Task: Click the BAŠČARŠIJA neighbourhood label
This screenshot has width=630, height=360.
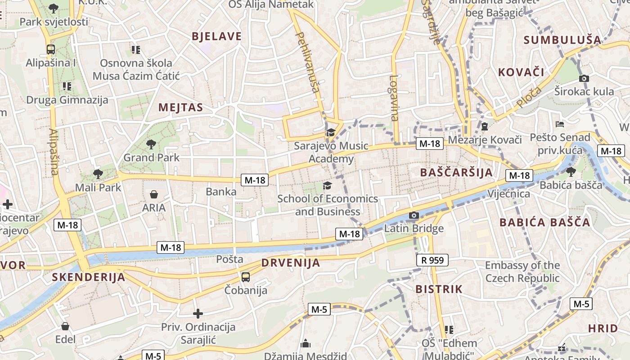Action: [x=456, y=172]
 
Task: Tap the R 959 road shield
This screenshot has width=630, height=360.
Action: [x=432, y=260]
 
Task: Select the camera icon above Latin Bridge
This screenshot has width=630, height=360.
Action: [x=414, y=216]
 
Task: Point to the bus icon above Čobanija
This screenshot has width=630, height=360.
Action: [x=246, y=277]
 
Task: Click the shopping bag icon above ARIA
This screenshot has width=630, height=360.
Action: [x=154, y=194]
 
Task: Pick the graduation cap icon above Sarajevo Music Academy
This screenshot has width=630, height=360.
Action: [x=331, y=132]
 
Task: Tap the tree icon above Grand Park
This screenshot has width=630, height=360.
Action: [x=151, y=144]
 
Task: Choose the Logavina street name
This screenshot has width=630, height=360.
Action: [x=394, y=98]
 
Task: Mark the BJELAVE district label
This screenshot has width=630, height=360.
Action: [x=216, y=36]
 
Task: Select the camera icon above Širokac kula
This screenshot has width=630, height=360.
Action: [x=584, y=78]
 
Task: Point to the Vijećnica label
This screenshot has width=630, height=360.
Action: [x=509, y=194]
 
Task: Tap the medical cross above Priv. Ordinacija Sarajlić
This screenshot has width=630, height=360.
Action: [x=198, y=314]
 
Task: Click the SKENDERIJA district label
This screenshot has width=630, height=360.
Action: [x=88, y=277]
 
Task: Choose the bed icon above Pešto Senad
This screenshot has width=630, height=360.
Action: [x=560, y=124]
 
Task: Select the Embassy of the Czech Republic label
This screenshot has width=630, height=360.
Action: [x=522, y=272]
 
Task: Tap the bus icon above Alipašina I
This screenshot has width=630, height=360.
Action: [x=51, y=49]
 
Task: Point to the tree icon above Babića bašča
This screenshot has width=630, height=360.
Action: [x=571, y=171]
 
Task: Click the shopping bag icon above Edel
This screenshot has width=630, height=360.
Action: [x=65, y=326]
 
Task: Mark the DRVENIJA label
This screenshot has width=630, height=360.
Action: [x=291, y=263]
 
